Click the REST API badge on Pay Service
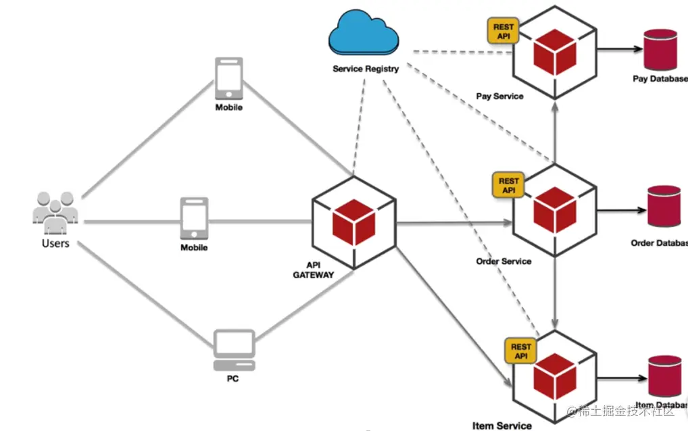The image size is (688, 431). click(503, 31)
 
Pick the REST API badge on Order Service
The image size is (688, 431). click(509, 185)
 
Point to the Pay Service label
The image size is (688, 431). click(499, 97)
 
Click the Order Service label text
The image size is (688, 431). click(503, 261)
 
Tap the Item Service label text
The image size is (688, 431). click(502, 426)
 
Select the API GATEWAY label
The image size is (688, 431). click(313, 270)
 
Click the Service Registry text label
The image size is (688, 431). click(366, 69)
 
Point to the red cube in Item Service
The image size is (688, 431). click(554, 377)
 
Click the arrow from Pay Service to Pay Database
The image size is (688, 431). click(618, 50)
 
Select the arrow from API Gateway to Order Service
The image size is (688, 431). click(453, 223)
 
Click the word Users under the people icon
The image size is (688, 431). click(55, 243)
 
